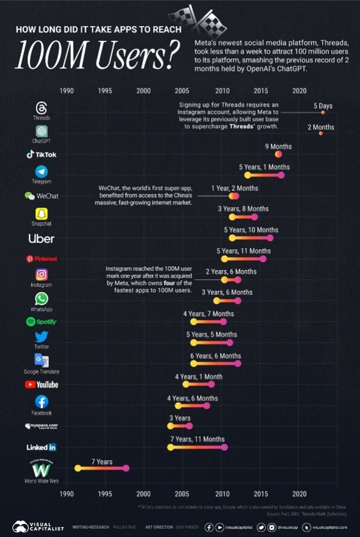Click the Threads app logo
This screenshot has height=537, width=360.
pos(41,108)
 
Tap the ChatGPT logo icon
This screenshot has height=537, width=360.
pos(41,131)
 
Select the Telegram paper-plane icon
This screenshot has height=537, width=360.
pos(41,172)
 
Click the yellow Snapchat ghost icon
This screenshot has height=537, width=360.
pos(41,214)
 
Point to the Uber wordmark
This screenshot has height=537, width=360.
pos(41,238)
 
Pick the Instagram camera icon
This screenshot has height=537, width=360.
pos(41,275)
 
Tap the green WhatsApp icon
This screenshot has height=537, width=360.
pos(41,299)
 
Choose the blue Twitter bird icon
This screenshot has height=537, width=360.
pos(41,336)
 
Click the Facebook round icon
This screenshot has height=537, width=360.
pos(41,402)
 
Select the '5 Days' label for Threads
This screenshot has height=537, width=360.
pos(323,106)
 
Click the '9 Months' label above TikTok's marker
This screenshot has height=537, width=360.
pos(278,146)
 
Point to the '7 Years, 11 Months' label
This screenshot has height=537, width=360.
pos(197,439)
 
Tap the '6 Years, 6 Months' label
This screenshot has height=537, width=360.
pos(215,356)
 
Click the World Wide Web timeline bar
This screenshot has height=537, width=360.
pos(102,468)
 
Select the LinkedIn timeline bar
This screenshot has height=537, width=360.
pos(197,447)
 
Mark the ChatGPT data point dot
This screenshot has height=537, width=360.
pos(321,133)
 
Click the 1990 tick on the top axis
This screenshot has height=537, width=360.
pos(66,90)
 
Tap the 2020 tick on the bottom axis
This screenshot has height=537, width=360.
pos(299,494)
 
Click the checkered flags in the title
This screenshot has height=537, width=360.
pos(194,19)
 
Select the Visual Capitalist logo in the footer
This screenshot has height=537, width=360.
pos(38,527)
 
